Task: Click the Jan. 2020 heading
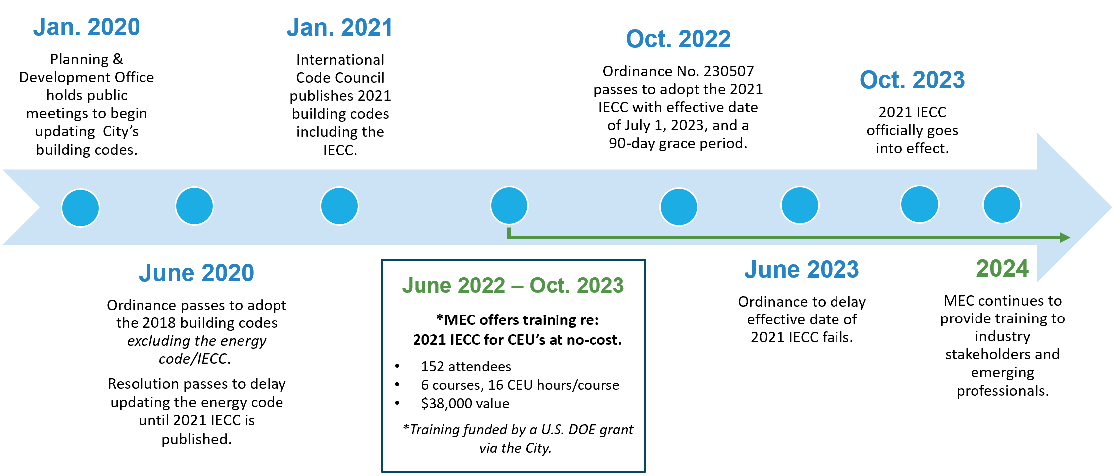(x=87, y=27)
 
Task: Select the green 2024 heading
(x=1002, y=268)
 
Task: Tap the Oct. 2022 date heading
(x=678, y=39)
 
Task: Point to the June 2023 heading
(x=802, y=269)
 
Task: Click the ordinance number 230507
(x=729, y=71)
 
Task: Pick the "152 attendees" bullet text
(x=466, y=366)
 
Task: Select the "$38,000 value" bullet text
(x=465, y=403)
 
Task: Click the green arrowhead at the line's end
(x=1065, y=237)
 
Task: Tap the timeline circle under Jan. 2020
(x=80, y=208)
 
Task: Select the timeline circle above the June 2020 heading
(x=194, y=206)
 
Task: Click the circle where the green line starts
(x=509, y=205)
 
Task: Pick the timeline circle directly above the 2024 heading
(x=1002, y=205)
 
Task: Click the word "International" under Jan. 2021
(x=340, y=60)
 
